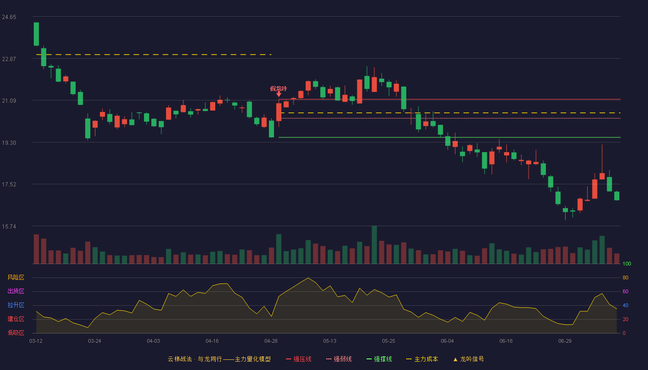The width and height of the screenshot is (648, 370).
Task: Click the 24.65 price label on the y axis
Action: tap(9, 17)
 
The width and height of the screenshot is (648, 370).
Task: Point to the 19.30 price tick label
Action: tap(9, 143)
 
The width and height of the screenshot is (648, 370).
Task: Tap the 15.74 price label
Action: tap(9, 227)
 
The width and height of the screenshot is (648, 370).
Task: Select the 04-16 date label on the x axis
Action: tap(212, 341)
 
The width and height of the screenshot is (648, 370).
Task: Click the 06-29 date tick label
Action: tap(565, 341)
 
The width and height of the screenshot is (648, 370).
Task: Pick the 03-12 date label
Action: tap(36, 341)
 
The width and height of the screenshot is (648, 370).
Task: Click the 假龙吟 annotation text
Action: tap(279, 88)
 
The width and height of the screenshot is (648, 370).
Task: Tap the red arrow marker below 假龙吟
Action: tap(279, 94)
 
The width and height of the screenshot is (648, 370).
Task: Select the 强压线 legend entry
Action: tap(299, 359)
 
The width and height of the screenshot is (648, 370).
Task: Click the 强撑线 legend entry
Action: tap(379, 359)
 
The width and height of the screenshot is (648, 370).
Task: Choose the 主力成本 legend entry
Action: tap(422, 359)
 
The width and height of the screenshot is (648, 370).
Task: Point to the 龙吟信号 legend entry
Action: tap(468, 359)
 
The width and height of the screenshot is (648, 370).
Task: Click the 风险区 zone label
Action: tap(16, 277)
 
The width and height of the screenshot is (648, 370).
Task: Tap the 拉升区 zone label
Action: tap(16, 305)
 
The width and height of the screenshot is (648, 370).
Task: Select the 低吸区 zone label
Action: tap(16, 333)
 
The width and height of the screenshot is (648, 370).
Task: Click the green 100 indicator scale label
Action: tap(627, 264)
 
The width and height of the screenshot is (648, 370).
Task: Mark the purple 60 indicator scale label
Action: tap(625, 291)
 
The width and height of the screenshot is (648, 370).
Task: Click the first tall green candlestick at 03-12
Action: tap(36, 34)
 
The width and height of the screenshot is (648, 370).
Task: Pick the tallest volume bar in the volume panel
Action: tap(374, 245)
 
